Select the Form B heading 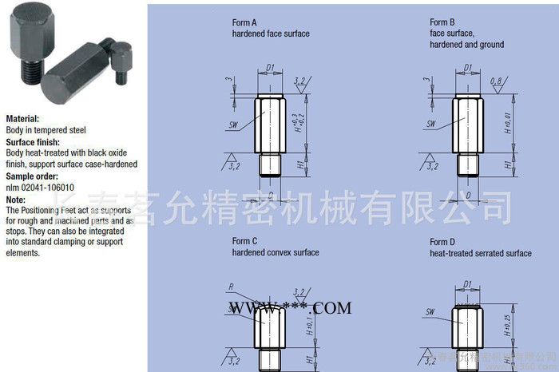pos(442,22)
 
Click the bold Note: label pos(16,199)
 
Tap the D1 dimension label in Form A pos(271,67)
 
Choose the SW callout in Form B pos(431,124)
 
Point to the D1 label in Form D pos(469,282)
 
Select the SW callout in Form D pos(430,311)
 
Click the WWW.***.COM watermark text pos(291,307)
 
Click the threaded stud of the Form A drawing pos(271,165)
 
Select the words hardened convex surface pos(276,253)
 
